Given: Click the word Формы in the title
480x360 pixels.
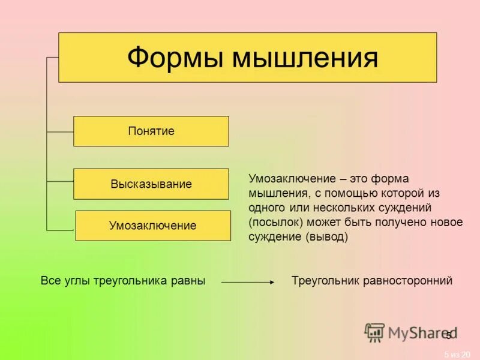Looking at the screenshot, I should click(x=174, y=58).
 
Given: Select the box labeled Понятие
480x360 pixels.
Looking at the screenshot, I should click(x=151, y=131).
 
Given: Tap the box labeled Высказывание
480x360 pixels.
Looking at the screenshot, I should click(x=151, y=184).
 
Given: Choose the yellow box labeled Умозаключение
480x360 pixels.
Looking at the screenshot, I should click(x=153, y=226).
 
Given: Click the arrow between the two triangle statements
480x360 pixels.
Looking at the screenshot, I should click(x=248, y=281).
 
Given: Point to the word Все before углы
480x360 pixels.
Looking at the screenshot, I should click(x=50, y=281).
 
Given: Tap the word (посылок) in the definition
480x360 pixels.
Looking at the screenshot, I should click(x=272, y=222).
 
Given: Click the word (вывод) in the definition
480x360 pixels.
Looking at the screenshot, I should click(x=327, y=236).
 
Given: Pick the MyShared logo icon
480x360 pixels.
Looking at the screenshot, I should click(x=375, y=332).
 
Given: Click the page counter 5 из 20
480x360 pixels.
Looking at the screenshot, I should click(x=457, y=354).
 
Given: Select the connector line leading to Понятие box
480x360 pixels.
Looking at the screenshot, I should click(x=60, y=131).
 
